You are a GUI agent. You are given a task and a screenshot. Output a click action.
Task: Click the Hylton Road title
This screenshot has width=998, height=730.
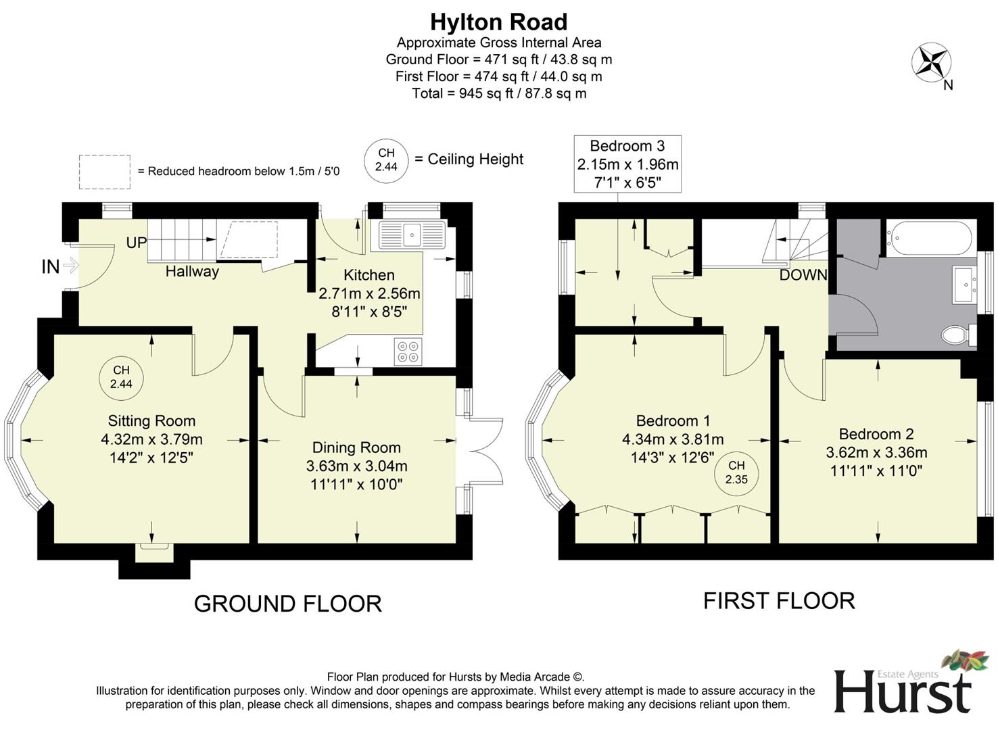(498, 22)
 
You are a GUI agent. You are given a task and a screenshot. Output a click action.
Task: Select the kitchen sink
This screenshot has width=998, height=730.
(412, 235)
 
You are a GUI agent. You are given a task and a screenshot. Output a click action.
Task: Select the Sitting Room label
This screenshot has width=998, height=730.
(151, 421)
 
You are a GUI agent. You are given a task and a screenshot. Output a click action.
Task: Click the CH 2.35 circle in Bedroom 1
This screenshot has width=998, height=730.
(736, 472)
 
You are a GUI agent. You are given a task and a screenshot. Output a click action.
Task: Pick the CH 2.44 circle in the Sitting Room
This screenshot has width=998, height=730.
(121, 376)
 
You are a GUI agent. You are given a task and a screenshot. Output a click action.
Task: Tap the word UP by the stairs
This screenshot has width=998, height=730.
(136, 243)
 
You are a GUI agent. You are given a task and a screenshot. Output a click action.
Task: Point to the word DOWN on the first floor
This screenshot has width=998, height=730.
(803, 275)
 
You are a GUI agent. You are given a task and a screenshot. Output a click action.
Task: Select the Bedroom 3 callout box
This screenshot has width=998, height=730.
(627, 164)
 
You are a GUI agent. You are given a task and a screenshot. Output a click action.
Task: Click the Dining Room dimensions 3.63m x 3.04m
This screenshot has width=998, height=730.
(356, 466)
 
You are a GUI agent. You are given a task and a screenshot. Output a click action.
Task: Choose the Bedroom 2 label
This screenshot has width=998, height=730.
(876, 434)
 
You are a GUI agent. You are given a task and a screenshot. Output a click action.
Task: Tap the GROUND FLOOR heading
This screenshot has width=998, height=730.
(287, 603)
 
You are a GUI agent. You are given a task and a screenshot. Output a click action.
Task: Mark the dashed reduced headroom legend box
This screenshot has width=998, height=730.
(104, 172)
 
